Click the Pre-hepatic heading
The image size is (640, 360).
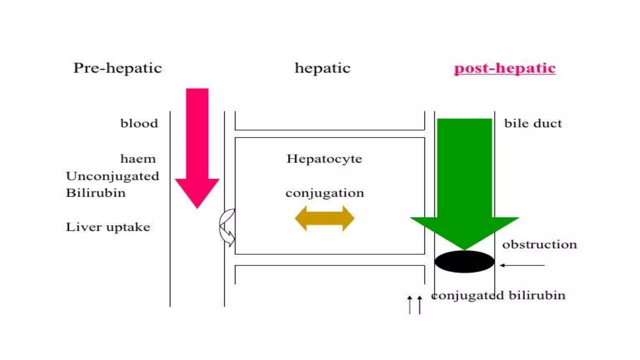pyautogui.click(x=117, y=68)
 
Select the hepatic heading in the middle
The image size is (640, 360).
pyautogui.click(x=322, y=68)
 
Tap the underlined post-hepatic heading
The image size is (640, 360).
pyautogui.click(x=505, y=68)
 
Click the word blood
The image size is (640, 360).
pyautogui.click(x=139, y=123)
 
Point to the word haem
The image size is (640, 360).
pyautogui.click(x=138, y=159)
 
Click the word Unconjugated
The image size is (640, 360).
pyautogui.click(x=112, y=176)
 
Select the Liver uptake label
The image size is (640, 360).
pyautogui.click(x=108, y=227)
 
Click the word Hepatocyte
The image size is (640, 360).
pyautogui.click(x=324, y=159)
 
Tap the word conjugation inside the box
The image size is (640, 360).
pyautogui.click(x=325, y=193)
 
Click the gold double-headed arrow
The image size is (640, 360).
pyautogui.click(x=325, y=218)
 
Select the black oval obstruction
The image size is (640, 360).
pyautogui.click(x=464, y=262)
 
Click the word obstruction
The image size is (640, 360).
pyautogui.click(x=539, y=244)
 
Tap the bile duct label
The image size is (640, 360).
pyautogui.click(x=533, y=123)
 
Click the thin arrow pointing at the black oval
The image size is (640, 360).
pyautogui.click(x=522, y=265)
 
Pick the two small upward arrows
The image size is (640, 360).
pyautogui.click(x=415, y=305)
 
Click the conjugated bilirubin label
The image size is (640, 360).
pyautogui.click(x=498, y=295)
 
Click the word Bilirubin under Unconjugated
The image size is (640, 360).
pyautogui.click(x=96, y=193)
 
